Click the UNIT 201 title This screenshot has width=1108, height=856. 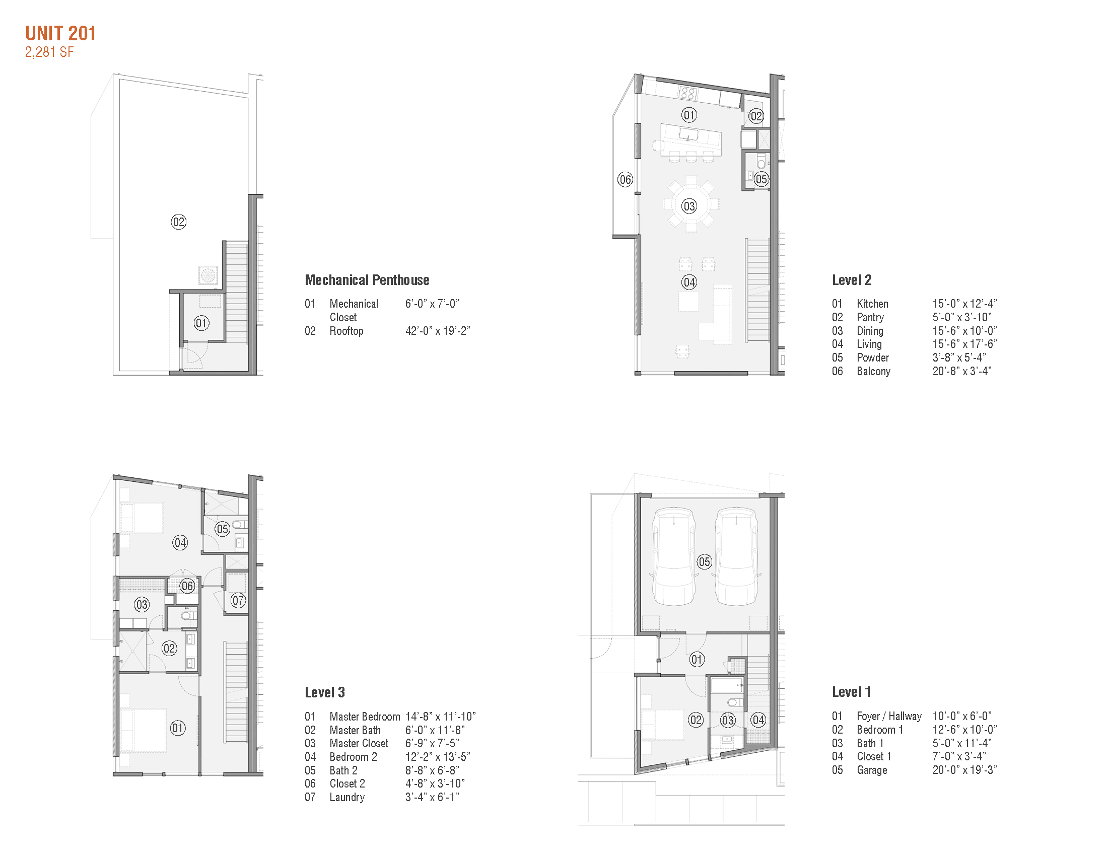pos(60,33)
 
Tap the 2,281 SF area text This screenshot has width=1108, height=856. pos(49,52)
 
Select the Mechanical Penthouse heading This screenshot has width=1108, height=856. pos(367,280)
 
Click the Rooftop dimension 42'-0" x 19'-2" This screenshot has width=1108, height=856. pos(437,331)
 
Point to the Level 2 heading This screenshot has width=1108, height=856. pos(851,280)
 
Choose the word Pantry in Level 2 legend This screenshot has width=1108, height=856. pos(870,317)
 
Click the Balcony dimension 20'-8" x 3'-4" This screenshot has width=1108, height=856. pos(961,371)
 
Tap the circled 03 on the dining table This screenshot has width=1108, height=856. pos(689,206)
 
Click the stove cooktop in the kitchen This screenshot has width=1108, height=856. pos(688,93)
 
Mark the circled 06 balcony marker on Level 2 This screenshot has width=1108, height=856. pos(625,180)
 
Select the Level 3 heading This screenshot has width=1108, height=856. pos(325,692)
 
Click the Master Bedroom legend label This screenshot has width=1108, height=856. pos(364,717)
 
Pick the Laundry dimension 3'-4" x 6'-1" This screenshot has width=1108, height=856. pos(432,797)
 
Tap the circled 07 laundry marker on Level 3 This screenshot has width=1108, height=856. pos(238,601)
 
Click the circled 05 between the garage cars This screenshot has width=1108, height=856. pos(704,562)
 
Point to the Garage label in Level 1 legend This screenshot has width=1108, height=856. pos(872,770)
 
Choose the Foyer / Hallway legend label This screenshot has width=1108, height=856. pos(889,716)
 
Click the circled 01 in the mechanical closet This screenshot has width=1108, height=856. pos(201,324)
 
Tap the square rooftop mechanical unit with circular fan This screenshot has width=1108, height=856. pos(208,275)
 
